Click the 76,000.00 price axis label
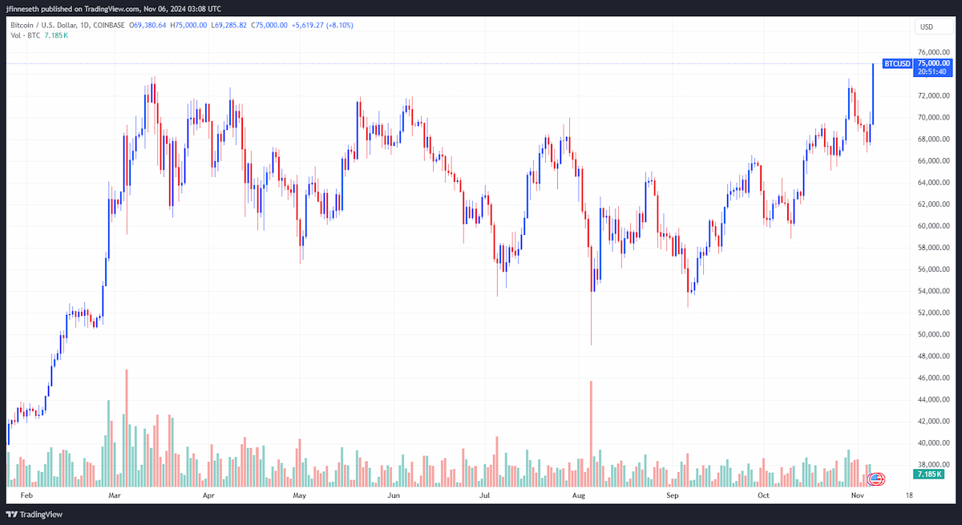[933, 52]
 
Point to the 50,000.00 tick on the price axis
[933, 334]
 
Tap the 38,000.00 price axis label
[933, 464]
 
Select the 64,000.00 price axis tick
[933, 183]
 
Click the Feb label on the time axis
[26, 495]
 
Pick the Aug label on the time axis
[579, 495]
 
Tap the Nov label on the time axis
[857, 495]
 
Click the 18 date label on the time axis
[909, 495]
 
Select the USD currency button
[933, 26]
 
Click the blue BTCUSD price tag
[897, 63]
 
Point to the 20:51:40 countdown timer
[932, 71]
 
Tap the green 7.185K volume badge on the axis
[928, 474]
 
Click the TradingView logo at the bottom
[34, 515]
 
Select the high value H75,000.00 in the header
[188, 26]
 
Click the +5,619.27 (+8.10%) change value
[322, 26]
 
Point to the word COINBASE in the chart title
[109, 26]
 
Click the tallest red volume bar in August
[591, 434]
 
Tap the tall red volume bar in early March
[127, 428]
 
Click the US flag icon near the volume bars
[875, 479]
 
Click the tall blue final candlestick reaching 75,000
[873, 95]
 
